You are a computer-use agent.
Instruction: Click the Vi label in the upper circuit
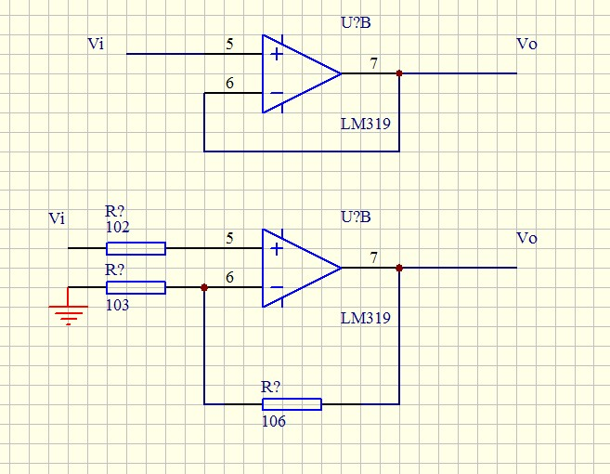coord(95,44)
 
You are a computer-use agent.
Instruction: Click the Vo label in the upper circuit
coord(526,44)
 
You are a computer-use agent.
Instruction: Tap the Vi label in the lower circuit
coord(57,218)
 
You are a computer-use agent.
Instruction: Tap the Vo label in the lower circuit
coord(526,238)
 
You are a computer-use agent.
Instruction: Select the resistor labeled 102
coord(136,248)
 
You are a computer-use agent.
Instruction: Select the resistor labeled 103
coord(136,287)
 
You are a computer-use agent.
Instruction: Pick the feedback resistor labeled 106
coord(292,404)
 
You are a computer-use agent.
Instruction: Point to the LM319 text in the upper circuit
coord(365,124)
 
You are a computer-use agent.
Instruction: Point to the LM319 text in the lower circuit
coord(365,318)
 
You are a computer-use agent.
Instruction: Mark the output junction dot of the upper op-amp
coord(398,73)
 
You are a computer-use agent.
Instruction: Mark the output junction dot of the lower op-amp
coord(398,268)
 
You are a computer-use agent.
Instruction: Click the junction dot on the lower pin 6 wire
coord(204,287)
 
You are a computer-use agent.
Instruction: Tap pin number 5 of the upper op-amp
coord(229,44)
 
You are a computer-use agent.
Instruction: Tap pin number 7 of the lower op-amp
coord(373,257)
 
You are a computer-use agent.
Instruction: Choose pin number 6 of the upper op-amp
coord(229,84)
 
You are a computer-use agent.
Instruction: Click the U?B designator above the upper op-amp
coord(356,22)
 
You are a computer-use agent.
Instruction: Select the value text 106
coord(273,421)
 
